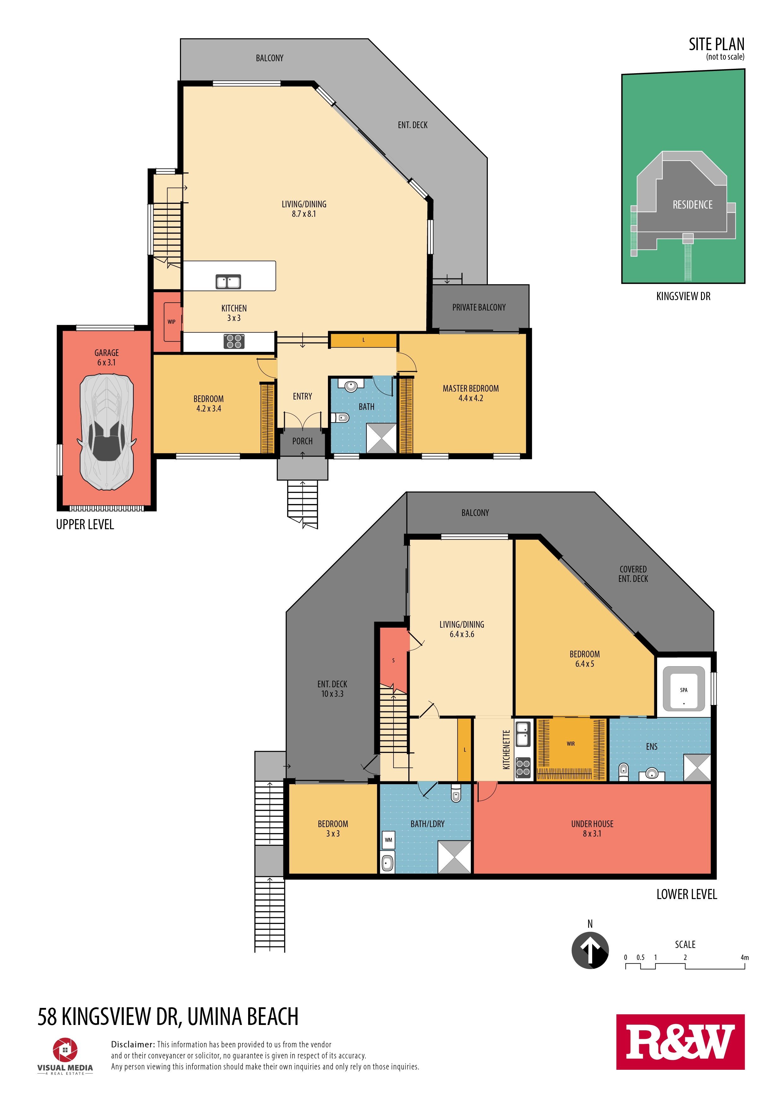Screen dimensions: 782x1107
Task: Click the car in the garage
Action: pos(107,432)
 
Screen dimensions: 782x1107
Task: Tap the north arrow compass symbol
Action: pos(590,950)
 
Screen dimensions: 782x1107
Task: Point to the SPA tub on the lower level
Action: pos(684,689)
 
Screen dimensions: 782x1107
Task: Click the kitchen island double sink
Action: pos(228,281)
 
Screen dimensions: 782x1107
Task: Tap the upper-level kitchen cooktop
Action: pos(234,341)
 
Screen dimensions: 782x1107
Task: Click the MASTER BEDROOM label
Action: pos(471,388)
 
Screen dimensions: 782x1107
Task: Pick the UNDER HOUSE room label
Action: pos(592,824)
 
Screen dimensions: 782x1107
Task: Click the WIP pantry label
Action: pos(172,322)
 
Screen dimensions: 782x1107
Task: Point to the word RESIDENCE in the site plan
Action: pos(692,205)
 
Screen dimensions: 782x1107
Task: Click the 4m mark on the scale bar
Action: pos(744,957)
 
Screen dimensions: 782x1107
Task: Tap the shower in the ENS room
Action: pos(697,767)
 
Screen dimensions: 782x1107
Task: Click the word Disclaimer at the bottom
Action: pos(133,1044)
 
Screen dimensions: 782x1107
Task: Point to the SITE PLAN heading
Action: pos(716,44)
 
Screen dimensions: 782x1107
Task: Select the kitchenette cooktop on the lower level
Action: pos(523,768)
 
